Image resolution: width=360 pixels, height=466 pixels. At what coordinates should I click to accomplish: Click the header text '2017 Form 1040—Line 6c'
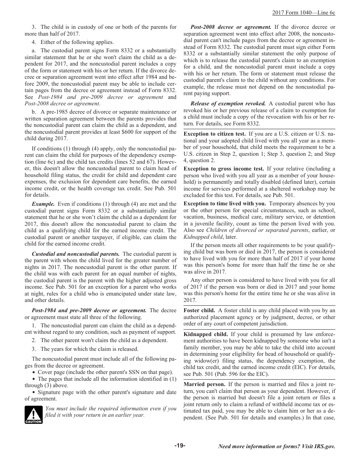(x=304, y=13)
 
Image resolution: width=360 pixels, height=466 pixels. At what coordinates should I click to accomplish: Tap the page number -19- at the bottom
(x=180, y=446)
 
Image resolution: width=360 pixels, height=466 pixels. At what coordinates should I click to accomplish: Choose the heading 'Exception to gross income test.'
(x=224, y=169)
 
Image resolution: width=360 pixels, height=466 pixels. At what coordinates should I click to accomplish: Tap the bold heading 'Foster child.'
(x=199, y=310)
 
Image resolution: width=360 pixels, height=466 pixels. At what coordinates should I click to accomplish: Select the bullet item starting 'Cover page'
(x=102, y=372)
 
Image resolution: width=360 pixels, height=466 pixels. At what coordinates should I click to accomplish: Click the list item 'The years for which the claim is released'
(x=89, y=349)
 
